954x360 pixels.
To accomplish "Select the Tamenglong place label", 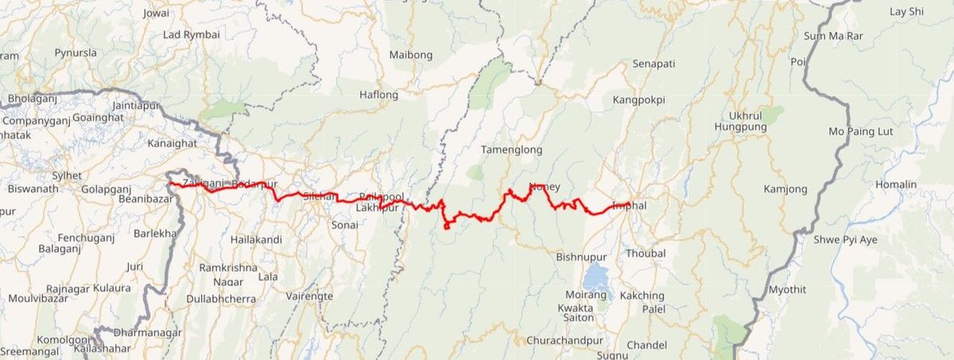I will click(x=512, y=149).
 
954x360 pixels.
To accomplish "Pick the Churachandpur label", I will click(x=564, y=341).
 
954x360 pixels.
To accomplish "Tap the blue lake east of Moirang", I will click(x=594, y=278).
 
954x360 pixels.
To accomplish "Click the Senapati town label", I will click(x=653, y=63).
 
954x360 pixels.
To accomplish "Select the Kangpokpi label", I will click(x=639, y=100).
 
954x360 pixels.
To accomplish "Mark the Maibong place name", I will click(x=410, y=55).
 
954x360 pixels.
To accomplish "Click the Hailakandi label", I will click(x=256, y=239).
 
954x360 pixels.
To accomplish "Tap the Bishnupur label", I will click(x=581, y=257).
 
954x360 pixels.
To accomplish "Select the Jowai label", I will click(x=156, y=14).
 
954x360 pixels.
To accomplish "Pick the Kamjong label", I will click(x=785, y=189).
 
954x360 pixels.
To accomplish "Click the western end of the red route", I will click(x=170, y=184).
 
